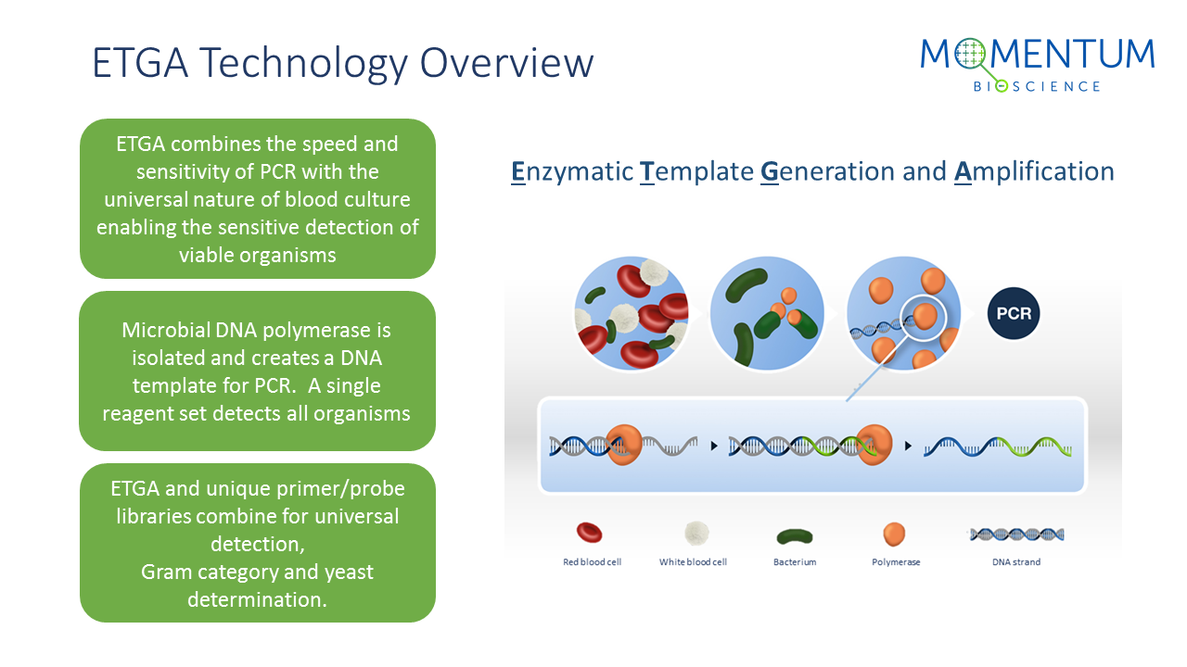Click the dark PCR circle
[1014, 313]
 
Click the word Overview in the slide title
[506, 63]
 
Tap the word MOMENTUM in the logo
[1038, 54]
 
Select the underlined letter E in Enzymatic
[518, 172]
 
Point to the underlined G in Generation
[770, 172]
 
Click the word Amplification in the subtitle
[1034, 172]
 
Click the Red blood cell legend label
[592, 561]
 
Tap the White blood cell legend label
[693, 561]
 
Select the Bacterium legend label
[795, 561]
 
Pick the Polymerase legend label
[896, 562]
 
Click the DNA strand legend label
[1016, 561]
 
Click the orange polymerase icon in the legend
[895, 535]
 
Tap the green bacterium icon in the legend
[795, 536]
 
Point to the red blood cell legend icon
[589, 533]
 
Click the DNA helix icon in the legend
[1016, 535]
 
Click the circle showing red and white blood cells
[632, 313]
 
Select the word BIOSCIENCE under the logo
[1037, 86]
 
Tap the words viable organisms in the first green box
[258, 256]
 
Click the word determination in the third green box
[257, 599]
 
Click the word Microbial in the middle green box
[166, 331]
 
